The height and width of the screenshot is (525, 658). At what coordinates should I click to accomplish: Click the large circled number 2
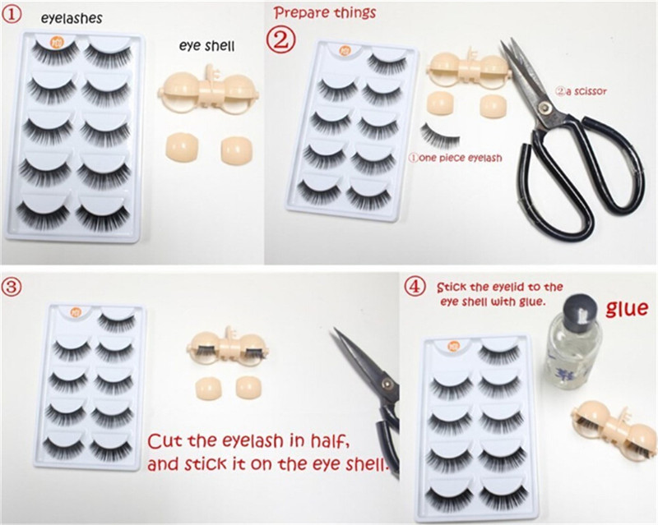[x=281, y=40]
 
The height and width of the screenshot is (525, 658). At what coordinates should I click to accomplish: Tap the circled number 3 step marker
[x=11, y=287]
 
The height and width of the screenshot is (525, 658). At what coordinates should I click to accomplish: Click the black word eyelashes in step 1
[x=72, y=18]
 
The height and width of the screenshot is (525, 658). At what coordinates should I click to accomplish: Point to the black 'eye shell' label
[x=206, y=45]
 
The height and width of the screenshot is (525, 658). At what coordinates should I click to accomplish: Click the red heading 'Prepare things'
[x=325, y=12]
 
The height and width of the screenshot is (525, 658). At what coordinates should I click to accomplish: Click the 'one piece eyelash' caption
[x=456, y=158]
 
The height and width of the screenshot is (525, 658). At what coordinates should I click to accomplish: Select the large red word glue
[x=627, y=309]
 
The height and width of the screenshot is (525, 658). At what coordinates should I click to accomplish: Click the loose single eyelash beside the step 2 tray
[x=440, y=136]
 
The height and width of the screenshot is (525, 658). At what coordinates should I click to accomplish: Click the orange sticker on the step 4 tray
[x=454, y=348]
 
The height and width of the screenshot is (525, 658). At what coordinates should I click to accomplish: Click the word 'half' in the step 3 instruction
[x=327, y=441]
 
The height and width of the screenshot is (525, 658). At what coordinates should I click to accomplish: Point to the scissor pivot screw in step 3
[x=387, y=383]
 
